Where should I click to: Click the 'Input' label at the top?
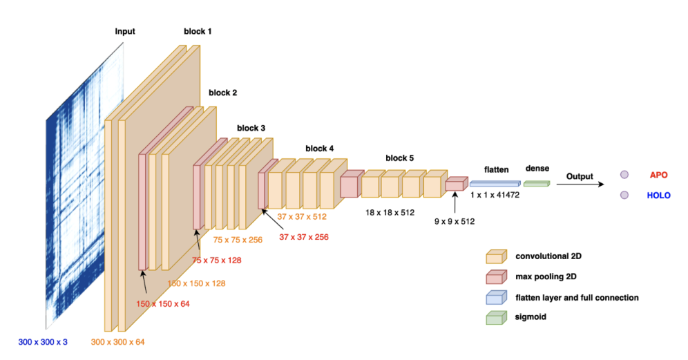click(125, 31)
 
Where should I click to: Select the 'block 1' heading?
click(198, 31)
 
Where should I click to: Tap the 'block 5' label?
click(400, 158)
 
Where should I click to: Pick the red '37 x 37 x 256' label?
click(304, 237)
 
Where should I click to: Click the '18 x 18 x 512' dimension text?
click(390, 213)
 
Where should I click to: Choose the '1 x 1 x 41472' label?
click(495, 196)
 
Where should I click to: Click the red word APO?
click(659, 176)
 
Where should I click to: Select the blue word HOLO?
click(659, 196)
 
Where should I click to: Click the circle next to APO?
click(624, 176)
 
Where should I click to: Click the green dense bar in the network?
click(537, 183)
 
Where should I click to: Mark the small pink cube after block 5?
click(455, 184)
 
